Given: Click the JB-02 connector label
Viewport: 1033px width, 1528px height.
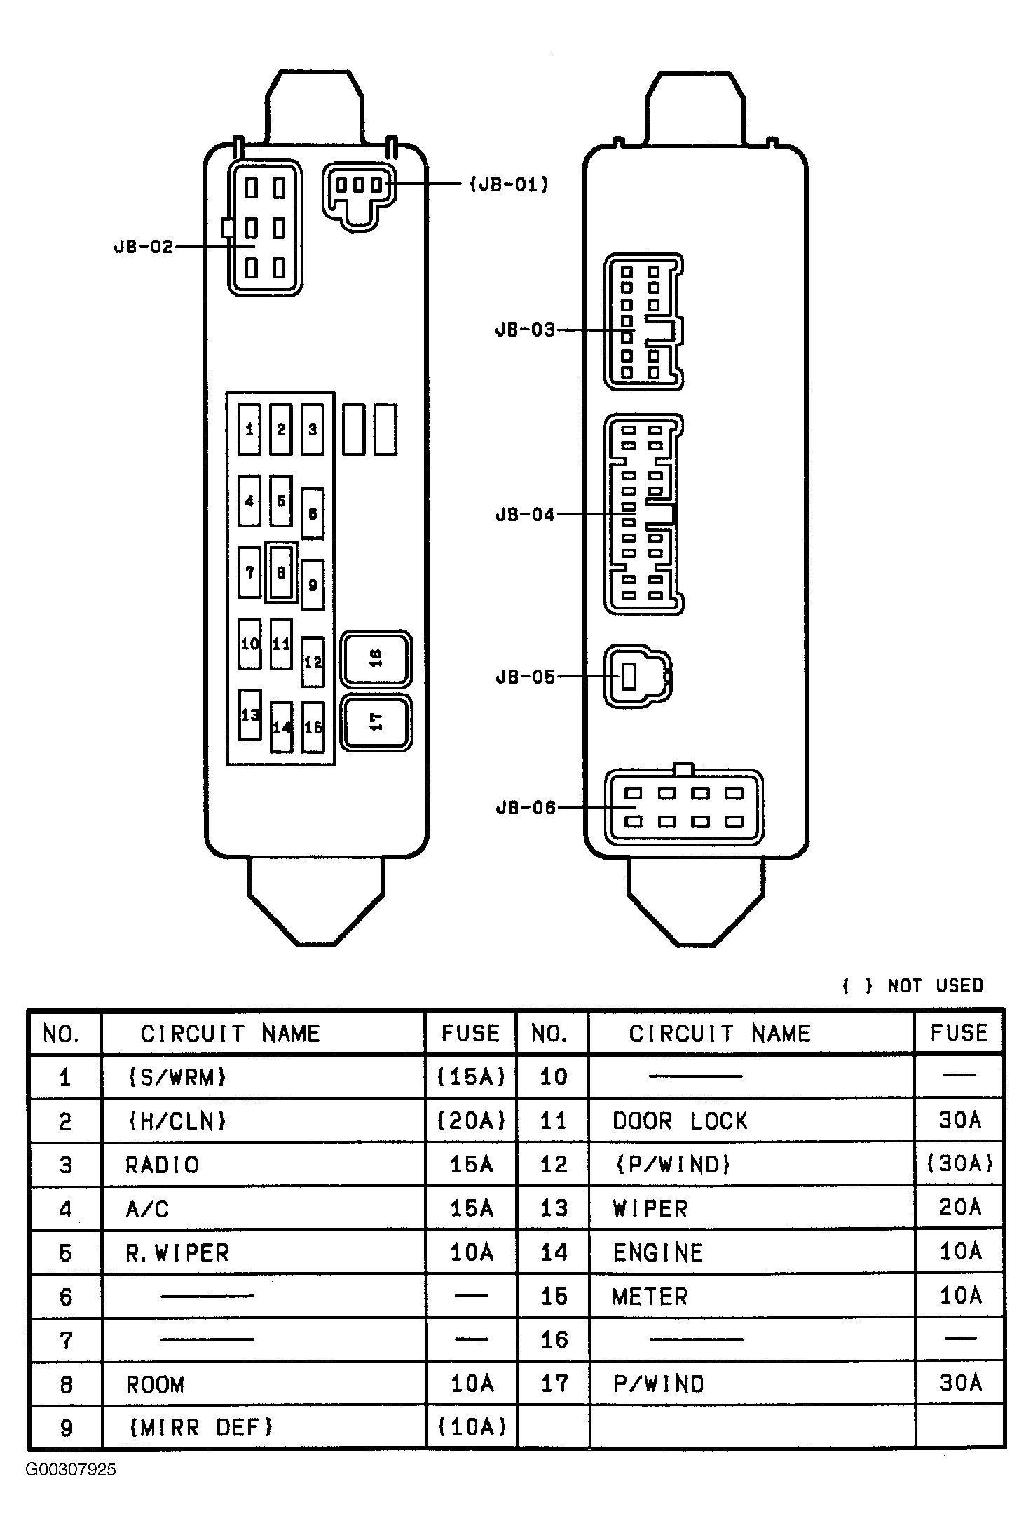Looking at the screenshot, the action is (143, 247).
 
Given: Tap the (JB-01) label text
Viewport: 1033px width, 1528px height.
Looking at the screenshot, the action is (509, 184).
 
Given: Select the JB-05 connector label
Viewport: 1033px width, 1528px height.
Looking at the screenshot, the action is (526, 677).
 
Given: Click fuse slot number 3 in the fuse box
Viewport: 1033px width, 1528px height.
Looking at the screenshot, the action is (313, 430).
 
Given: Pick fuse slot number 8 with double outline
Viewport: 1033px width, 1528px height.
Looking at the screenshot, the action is (281, 573).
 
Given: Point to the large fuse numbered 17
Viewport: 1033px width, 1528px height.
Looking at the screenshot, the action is (376, 722).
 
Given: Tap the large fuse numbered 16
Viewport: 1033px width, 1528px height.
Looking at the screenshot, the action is (376, 658).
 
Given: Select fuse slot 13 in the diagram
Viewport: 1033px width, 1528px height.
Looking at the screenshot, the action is (250, 715).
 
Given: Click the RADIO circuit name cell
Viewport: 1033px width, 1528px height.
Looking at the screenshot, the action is (162, 1165).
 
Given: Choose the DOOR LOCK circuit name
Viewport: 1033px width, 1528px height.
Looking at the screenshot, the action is (680, 1121).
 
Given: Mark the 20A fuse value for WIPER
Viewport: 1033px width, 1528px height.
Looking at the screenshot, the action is (959, 1207).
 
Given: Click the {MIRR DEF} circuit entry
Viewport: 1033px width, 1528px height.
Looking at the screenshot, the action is (200, 1427).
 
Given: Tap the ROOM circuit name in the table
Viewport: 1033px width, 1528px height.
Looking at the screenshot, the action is (155, 1384).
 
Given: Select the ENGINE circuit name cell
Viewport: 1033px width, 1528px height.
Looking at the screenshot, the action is (657, 1252).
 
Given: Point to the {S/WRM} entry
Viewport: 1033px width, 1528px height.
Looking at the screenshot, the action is (177, 1076).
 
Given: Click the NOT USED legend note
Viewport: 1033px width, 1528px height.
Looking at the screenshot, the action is (912, 985).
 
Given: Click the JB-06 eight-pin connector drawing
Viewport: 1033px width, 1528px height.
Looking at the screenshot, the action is (684, 806).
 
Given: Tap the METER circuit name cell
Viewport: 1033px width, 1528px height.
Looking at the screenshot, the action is (650, 1297).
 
